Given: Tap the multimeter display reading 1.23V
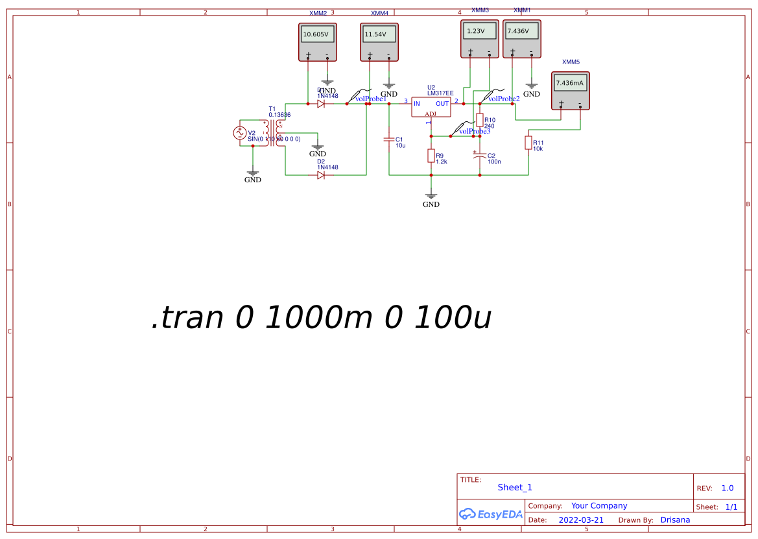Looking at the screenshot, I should (x=479, y=30).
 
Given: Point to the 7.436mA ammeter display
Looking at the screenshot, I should (x=570, y=82).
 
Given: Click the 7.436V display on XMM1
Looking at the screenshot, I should (x=521, y=30).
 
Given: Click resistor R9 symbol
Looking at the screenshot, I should (x=431, y=156).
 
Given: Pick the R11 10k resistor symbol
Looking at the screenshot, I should (x=528, y=143).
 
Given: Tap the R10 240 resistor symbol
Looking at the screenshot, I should (x=480, y=120).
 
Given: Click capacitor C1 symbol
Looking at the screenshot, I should (x=389, y=139).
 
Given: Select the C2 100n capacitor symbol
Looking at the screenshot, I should (x=480, y=156).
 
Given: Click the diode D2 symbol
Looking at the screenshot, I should (x=321, y=175).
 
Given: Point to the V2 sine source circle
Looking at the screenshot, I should (x=239, y=133).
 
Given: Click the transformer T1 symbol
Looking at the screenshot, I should (x=272, y=133).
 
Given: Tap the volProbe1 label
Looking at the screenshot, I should (x=371, y=99).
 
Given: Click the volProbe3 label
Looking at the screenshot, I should (x=475, y=132).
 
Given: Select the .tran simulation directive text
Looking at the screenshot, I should (x=321, y=318).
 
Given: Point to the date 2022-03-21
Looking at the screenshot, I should (x=581, y=520).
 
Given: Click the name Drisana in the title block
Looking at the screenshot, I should (x=675, y=520).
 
